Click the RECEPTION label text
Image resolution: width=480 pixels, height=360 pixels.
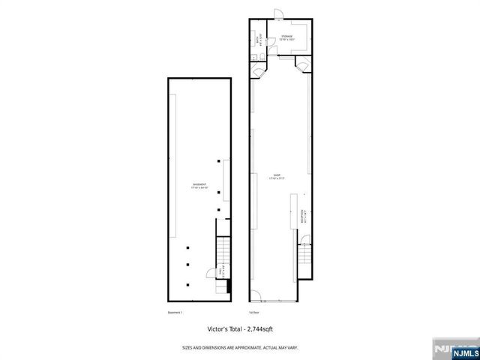[x=302, y=217]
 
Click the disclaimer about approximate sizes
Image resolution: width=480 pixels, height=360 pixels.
[x=240, y=347]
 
